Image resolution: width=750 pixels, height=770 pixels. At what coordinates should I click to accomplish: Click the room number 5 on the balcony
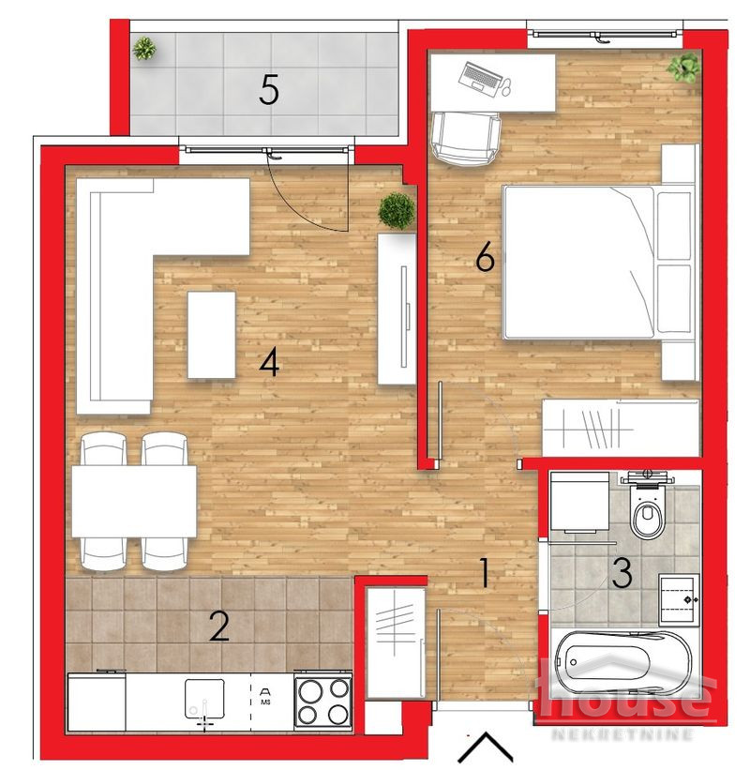(269, 91)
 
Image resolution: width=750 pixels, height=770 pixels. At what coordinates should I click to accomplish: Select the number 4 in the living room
(270, 363)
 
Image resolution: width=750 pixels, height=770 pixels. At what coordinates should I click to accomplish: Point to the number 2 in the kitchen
(218, 626)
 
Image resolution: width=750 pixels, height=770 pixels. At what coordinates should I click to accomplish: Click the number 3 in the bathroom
(622, 573)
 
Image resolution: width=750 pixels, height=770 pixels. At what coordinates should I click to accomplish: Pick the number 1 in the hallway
(484, 572)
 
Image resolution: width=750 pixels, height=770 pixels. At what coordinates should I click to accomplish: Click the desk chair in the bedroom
(465, 137)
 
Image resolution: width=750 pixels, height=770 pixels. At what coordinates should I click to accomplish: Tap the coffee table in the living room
(211, 335)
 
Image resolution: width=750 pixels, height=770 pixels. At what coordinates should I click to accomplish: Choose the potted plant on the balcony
(144, 49)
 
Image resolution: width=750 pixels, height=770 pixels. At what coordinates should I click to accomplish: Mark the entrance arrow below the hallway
(486, 747)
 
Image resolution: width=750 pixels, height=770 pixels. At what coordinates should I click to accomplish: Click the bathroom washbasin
(679, 598)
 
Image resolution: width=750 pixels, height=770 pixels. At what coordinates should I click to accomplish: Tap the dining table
(134, 501)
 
